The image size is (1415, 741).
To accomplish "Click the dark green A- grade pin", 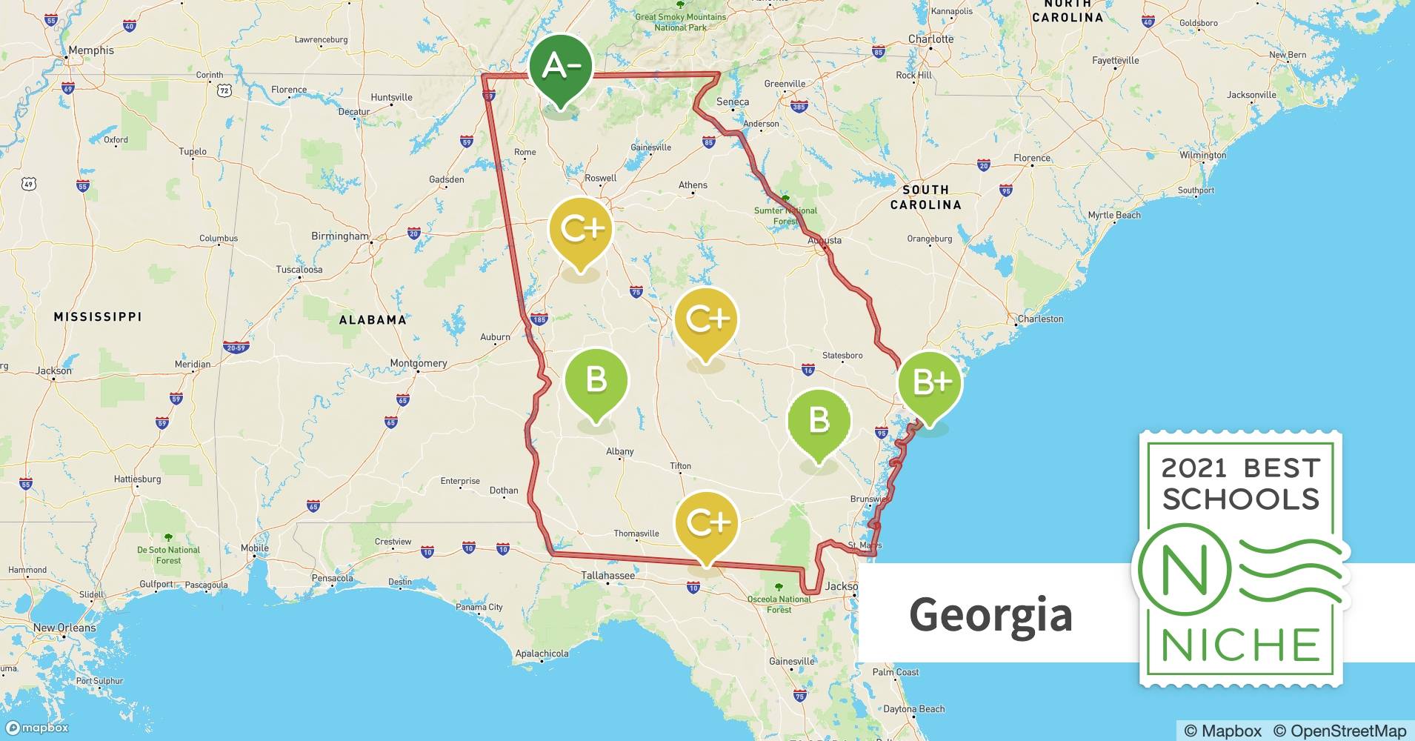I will point(561,67).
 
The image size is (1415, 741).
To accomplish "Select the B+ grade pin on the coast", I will point(930,382).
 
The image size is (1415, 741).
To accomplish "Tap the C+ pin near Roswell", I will point(581,229).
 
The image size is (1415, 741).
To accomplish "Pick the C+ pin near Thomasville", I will point(707,523).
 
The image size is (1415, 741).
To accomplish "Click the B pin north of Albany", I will point(596,380).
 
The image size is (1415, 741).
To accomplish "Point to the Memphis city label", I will point(91,50).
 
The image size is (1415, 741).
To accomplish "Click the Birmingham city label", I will point(339,236).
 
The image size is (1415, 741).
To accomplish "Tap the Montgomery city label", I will point(419,363).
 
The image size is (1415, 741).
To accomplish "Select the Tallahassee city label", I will point(607,575).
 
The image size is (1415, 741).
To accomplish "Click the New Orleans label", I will point(64,628).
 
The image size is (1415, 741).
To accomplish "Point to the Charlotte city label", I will point(930,39).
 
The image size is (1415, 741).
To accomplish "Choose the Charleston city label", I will point(1040,319).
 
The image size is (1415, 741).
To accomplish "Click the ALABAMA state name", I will point(373,320).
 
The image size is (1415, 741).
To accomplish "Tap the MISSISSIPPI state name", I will point(98,316).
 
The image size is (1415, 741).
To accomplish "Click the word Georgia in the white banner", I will point(990,614).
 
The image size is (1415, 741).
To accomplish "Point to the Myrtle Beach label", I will point(1114,215).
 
